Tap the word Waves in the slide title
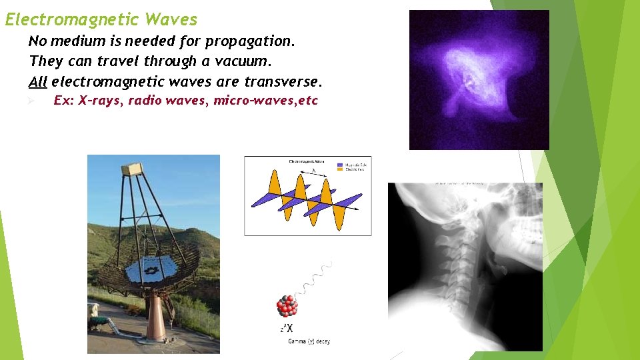[171, 20]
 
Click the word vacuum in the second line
[241, 61]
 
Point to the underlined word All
[38, 82]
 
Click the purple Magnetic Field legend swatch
[340, 164]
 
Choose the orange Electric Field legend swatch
[340, 169]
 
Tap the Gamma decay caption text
[309, 342]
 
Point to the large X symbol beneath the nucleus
[289, 329]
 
